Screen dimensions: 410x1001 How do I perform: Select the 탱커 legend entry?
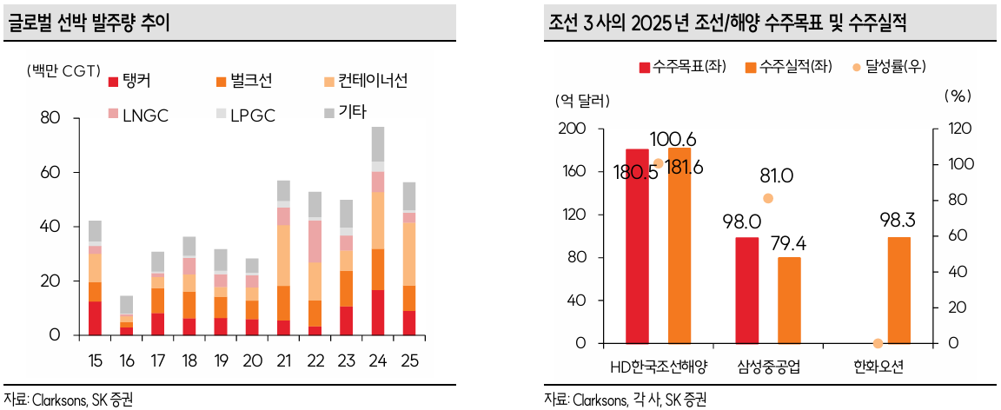[137, 82]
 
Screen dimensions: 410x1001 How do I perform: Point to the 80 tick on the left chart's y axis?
[50, 119]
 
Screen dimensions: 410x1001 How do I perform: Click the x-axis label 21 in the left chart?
[283, 359]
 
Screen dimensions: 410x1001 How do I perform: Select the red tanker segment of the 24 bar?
[378, 313]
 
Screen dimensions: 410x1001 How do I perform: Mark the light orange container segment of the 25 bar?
[408, 255]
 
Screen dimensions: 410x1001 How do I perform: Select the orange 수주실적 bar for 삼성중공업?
[789, 301]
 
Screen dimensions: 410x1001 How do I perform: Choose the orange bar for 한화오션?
[899, 290]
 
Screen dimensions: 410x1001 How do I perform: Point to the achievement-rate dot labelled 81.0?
[767, 198]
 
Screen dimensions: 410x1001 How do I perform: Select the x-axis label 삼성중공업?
[768, 367]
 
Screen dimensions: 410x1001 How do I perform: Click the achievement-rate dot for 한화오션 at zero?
[878, 344]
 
